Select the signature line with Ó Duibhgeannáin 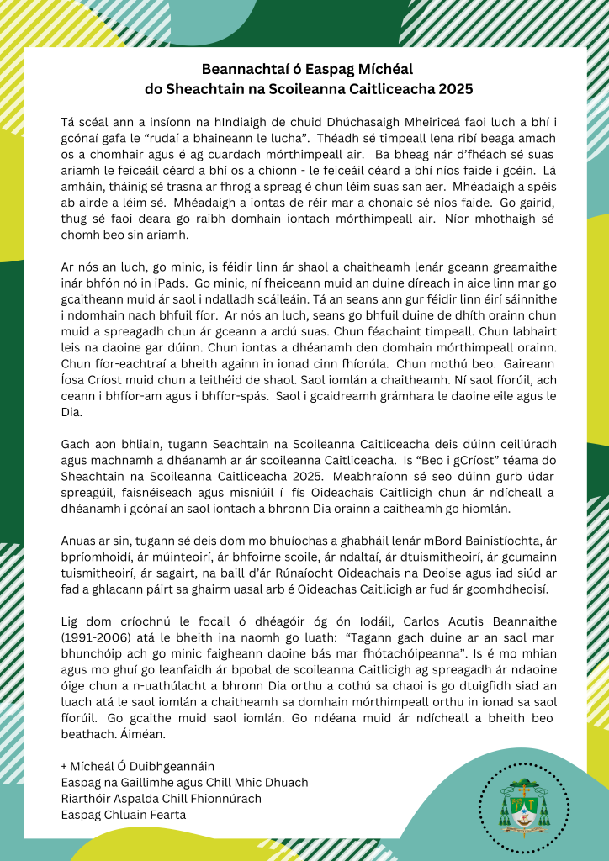pos(138,766)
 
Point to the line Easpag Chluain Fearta pos(123,815)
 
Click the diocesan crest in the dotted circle pos(524,801)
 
